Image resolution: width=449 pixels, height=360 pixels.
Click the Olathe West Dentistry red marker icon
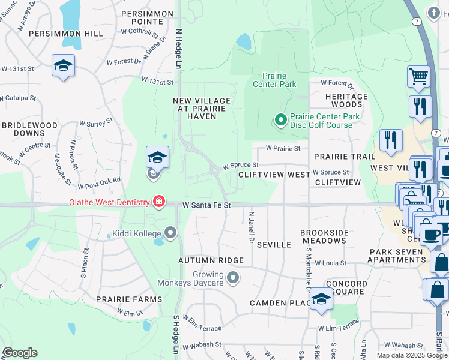(x=158, y=202)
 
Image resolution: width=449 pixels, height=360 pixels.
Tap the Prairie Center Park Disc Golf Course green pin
(x=280, y=120)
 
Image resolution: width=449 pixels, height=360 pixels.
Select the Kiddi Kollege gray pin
(x=171, y=232)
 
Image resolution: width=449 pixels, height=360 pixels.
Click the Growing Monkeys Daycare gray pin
(x=234, y=278)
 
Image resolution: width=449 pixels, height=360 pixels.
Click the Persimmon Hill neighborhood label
(x=66, y=34)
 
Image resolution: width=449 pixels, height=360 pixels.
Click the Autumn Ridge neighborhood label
(x=211, y=260)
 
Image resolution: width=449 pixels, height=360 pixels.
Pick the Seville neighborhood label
(x=274, y=245)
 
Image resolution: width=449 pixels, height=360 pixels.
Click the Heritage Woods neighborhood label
(x=346, y=100)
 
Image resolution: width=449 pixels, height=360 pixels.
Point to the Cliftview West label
(x=274, y=174)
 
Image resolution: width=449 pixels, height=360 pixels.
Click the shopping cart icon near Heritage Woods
(x=419, y=76)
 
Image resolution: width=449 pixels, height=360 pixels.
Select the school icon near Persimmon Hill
(x=62, y=66)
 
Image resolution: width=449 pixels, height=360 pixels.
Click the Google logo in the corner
(x=19, y=353)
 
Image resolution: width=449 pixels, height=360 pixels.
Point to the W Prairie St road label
(x=287, y=148)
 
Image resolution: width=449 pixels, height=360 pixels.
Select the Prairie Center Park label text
(x=279, y=80)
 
